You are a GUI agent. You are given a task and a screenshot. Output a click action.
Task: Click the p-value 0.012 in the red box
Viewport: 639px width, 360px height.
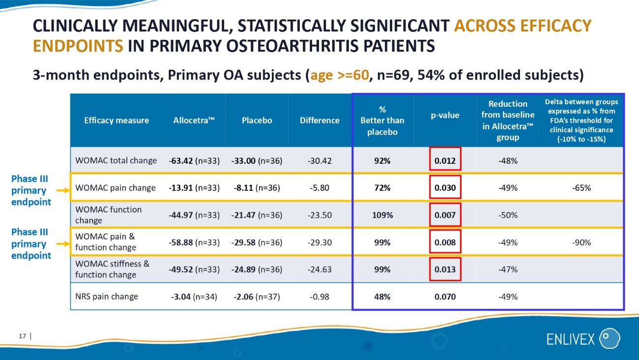point(445,161)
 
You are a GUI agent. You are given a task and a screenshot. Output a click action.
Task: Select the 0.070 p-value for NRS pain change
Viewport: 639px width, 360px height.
point(445,297)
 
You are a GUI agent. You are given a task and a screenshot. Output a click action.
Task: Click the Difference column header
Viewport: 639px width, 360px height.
point(319,120)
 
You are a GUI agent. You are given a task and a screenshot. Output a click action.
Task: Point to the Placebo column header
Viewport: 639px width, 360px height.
point(257,120)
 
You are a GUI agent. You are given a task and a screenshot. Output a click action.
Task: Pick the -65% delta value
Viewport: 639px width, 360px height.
point(581,188)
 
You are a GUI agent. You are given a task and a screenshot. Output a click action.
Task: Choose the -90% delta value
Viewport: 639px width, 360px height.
point(581,242)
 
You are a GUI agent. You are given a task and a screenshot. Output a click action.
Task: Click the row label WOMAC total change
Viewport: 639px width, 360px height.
point(116,161)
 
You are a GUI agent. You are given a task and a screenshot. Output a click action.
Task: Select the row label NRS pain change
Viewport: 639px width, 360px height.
point(107,297)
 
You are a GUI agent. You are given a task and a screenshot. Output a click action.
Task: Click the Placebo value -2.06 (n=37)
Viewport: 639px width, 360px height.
point(257,297)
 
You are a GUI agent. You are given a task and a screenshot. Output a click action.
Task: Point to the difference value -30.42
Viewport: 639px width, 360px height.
point(319,161)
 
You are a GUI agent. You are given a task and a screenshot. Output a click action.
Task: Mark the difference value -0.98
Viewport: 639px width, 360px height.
point(319,297)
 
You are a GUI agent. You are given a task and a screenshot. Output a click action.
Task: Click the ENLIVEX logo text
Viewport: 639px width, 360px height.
point(570,339)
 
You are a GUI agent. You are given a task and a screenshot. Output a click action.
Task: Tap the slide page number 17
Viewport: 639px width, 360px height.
point(22,336)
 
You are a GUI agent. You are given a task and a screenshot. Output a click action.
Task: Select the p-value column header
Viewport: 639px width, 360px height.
point(445,115)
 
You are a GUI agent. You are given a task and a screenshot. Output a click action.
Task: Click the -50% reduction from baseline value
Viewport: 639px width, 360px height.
point(508,215)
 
